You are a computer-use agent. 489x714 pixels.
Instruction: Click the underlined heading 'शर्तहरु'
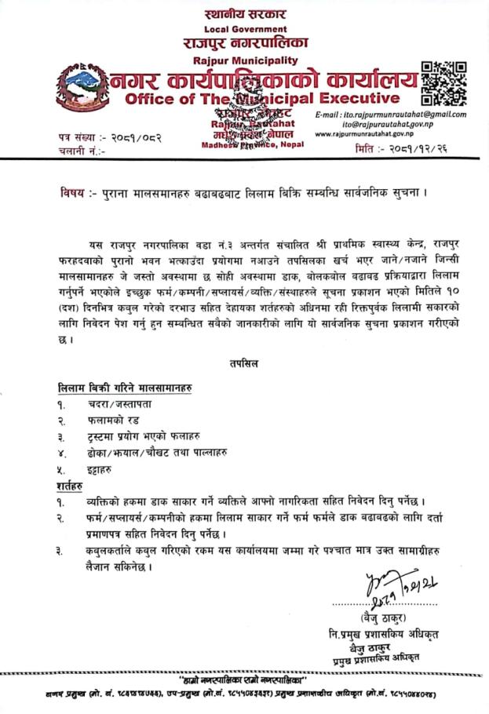coord(75,487)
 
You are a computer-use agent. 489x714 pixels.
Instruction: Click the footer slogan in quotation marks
coord(244,678)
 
